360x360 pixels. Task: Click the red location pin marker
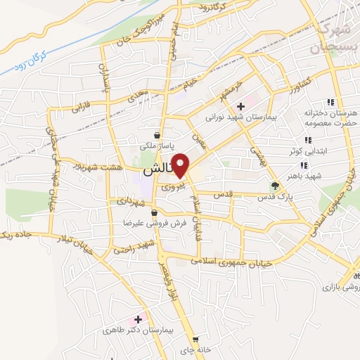coord(181,165)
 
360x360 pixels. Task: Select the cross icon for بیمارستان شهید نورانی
coord(240,106)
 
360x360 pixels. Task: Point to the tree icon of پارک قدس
coord(276,186)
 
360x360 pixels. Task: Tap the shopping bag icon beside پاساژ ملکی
coord(157,135)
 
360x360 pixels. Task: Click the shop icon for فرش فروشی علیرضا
coord(153,211)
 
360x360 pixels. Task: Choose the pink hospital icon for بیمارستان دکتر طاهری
coord(138,319)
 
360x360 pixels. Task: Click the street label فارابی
coord(75,109)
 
